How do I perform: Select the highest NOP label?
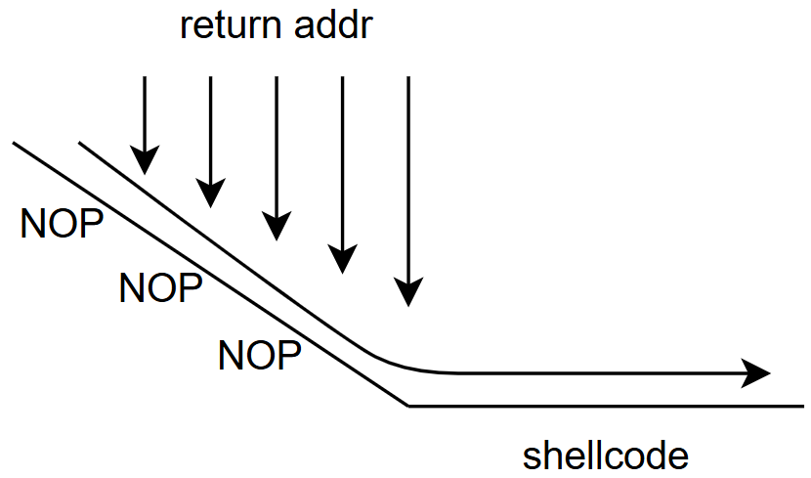point(62,224)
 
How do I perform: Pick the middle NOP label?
point(160,288)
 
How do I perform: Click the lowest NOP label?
point(259,354)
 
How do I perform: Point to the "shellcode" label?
point(606,456)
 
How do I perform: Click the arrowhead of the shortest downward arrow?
point(145,162)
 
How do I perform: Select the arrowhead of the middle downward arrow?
point(277,227)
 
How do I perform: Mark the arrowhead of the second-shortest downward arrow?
point(210,194)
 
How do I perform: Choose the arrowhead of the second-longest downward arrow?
point(342,258)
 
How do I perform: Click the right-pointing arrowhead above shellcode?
point(758,372)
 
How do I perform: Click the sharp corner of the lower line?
point(408,405)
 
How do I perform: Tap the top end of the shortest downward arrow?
point(145,76)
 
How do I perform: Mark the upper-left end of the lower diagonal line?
point(14,144)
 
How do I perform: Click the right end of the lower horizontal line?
point(802,405)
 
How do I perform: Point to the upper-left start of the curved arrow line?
point(79,144)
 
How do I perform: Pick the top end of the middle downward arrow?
point(277,76)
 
